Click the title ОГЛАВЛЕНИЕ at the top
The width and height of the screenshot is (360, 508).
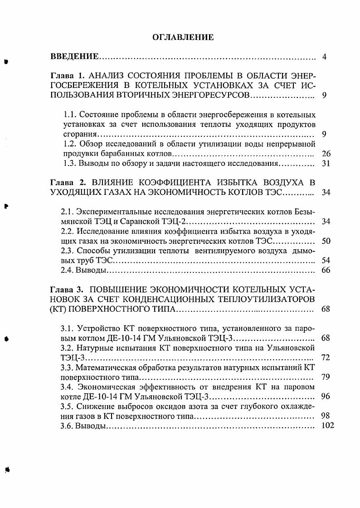click(180, 38)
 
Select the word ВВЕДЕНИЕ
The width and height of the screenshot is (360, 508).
click(74, 57)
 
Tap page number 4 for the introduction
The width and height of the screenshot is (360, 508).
click(324, 57)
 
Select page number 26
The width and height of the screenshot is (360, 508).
click(326, 154)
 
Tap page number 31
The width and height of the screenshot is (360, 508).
click(326, 164)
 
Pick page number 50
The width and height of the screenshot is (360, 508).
click(326, 241)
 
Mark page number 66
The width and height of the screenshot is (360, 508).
click(326, 271)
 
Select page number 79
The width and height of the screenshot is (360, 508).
click(326, 377)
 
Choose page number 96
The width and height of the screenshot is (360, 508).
click(326, 397)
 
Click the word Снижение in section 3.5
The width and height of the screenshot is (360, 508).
click(91, 406)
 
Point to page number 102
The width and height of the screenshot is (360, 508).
click(327, 426)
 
